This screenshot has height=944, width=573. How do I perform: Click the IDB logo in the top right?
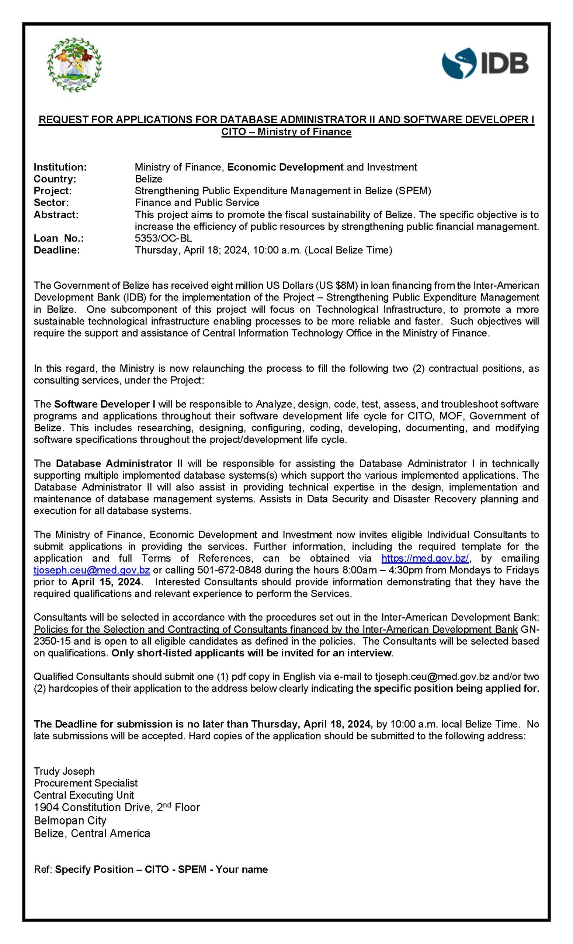coord(485,63)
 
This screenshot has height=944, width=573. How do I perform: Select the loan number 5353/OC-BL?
coord(163,238)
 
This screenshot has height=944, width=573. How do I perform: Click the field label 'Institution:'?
coord(60,167)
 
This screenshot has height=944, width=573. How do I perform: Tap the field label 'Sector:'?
coord(51,202)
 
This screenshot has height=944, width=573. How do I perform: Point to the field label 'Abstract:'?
coord(56,215)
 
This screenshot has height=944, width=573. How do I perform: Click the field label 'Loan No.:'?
coord(59,238)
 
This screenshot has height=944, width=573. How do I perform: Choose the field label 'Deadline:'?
coord(57,250)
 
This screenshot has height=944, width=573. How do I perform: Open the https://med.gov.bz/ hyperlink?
coord(425,558)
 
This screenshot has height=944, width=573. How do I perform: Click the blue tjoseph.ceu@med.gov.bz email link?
coord(91,570)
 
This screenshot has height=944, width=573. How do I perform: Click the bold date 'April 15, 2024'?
coord(106,582)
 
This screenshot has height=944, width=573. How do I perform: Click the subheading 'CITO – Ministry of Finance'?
coord(286,132)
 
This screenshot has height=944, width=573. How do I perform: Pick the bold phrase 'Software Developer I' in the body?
coord(105,404)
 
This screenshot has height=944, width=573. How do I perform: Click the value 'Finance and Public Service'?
coord(197,202)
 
